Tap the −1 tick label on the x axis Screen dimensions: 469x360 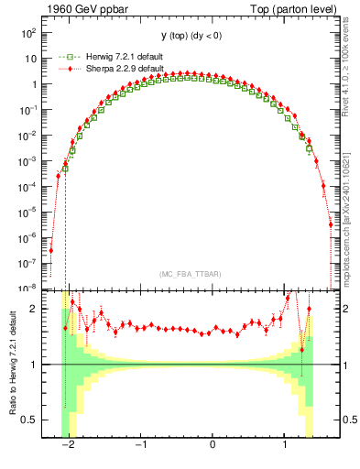pyautogui.click(x=140, y=445)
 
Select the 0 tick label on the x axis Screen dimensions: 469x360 pyautogui.click(x=213, y=445)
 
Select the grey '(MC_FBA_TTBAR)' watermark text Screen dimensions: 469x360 pyautogui.click(x=189, y=273)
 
